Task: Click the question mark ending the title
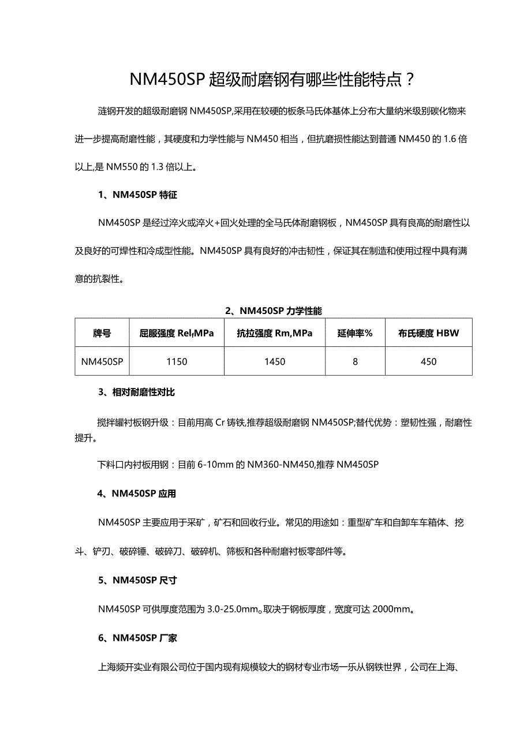coord(409,80)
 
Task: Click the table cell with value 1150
coord(177,362)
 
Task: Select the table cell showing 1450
coord(275,362)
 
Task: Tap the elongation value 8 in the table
coord(355,362)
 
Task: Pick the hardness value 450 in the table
coord(429,362)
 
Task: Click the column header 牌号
coord(102,334)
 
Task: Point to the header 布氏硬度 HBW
coord(429,334)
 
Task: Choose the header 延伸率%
coord(355,334)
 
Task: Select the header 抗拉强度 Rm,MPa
coord(275,334)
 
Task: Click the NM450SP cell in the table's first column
coord(102,362)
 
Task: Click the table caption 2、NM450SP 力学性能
coord(274,311)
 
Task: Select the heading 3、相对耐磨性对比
coord(136,393)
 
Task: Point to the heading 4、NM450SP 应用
coord(137,494)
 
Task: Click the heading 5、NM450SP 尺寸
coord(137,580)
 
